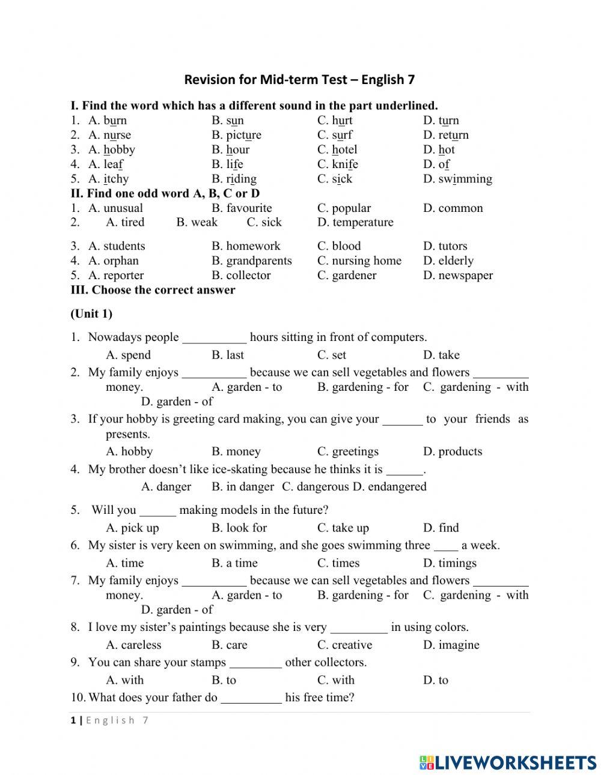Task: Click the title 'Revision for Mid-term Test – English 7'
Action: tap(299, 79)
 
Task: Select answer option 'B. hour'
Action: tap(230, 149)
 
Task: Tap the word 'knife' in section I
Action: tap(345, 164)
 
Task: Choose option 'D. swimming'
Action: tap(457, 179)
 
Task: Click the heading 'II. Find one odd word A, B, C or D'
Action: tap(165, 193)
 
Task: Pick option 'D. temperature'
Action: tap(355, 222)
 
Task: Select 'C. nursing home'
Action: tap(359, 261)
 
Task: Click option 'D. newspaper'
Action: tap(457, 276)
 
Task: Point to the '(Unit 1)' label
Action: tap(91, 313)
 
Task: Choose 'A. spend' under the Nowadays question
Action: tap(129, 355)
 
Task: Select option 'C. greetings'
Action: tap(348, 451)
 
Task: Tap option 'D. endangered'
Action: tap(389, 487)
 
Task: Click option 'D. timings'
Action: tap(450, 563)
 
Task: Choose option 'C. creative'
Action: tap(345, 645)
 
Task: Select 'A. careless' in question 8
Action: tap(134, 645)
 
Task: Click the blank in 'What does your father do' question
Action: tap(251, 699)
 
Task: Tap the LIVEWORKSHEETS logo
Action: tap(508, 762)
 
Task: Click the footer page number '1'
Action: tap(73, 720)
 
